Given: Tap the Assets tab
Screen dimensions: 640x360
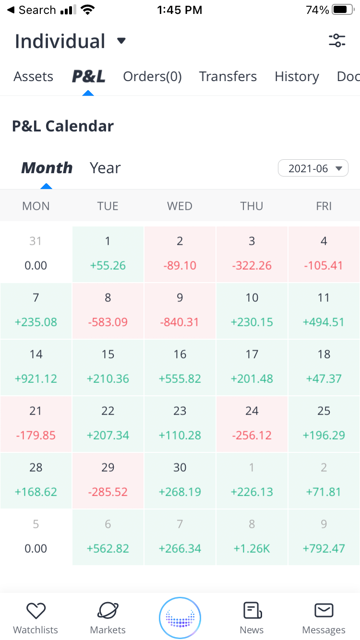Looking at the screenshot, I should pos(34,77).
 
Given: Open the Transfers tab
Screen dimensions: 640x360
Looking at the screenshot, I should pos(228,77).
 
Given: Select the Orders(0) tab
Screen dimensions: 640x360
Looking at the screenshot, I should pos(152,77).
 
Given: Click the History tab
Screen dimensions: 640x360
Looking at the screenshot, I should pos(297,77).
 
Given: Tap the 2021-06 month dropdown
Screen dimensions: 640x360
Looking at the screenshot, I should pos(313,168).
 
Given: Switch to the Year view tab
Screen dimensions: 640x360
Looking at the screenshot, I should pos(105,168).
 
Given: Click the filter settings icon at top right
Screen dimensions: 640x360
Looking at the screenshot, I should pos(337,41).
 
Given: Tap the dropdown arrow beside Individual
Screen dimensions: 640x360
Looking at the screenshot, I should pos(121,41).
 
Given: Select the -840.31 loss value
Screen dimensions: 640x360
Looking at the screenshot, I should pos(180,322).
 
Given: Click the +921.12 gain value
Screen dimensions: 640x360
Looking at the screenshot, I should pos(36,379).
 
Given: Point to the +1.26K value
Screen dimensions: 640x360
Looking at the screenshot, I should pos(252,548).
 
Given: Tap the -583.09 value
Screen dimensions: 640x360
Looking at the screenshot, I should pos(108,322).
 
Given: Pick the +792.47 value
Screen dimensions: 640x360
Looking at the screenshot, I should pos(324,548).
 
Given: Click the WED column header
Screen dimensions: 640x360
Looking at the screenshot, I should pos(180,206).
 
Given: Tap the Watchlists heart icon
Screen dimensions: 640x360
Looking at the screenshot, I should pos(36,611).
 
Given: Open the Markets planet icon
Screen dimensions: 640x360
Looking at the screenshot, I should pos(108,611).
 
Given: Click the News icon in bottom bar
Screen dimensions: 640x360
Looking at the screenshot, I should pos(252,611).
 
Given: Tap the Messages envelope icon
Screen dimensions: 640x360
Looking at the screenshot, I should pos(324,611).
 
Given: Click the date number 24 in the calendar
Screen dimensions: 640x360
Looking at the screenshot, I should pos(252,411).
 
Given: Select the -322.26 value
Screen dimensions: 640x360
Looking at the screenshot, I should pos(252,265).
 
